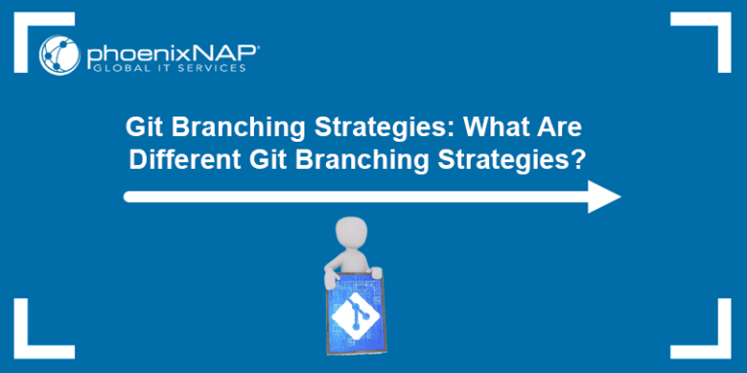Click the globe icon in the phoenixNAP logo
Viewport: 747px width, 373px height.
pos(59,54)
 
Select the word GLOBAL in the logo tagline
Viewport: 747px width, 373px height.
pos(111,67)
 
